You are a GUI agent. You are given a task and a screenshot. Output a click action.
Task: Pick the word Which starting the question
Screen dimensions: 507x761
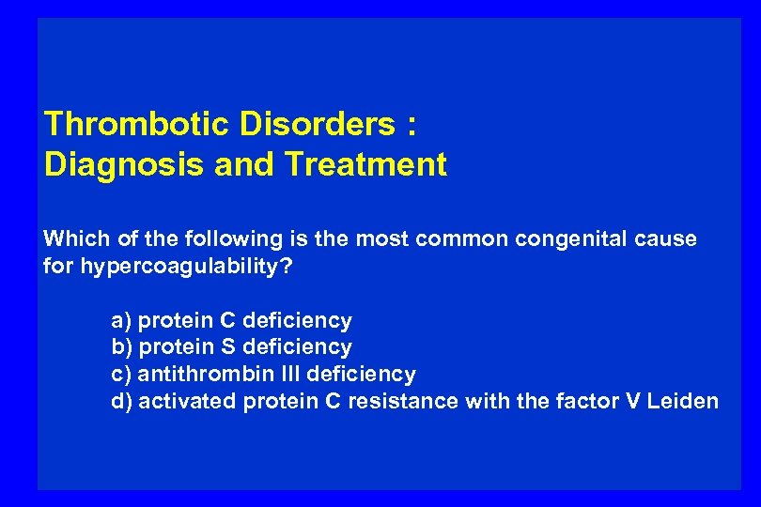click(x=73, y=238)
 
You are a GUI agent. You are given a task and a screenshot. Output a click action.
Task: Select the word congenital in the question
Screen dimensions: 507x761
click(x=572, y=238)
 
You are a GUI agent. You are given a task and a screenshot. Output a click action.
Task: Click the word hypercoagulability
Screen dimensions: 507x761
click(x=183, y=266)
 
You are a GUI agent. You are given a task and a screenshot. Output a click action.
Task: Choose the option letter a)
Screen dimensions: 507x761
click(x=121, y=321)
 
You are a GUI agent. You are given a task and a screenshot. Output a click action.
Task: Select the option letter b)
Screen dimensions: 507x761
click(x=121, y=347)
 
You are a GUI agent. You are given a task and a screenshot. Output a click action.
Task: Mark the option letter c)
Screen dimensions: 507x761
click(x=121, y=374)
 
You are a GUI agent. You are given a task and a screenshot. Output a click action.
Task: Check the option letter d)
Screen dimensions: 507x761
click(x=121, y=401)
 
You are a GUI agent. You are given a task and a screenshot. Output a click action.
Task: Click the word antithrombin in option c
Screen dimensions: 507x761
click(x=203, y=374)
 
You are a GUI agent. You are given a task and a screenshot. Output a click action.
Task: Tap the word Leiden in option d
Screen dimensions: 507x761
click(x=685, y=401)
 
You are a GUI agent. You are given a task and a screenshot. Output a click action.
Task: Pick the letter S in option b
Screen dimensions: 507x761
click(x=227, y=347)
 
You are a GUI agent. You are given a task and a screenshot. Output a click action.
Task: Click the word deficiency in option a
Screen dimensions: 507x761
click(x=297, y=321)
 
